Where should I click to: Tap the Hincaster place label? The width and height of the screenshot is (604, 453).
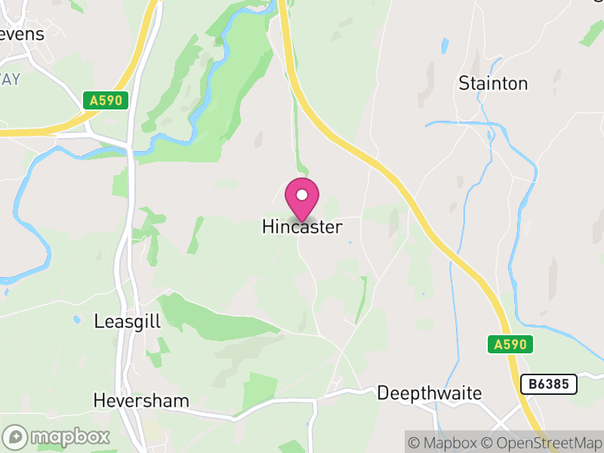point(302,226)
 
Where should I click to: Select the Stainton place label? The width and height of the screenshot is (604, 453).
point(493,83)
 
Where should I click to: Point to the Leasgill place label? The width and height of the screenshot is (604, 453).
point(128,322)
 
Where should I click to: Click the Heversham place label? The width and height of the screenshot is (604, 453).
point(141,400)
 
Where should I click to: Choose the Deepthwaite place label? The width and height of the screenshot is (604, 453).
point(429,393)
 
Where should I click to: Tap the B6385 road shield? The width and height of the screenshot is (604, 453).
point(549,384)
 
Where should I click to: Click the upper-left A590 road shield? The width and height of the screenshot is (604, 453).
point(106,100)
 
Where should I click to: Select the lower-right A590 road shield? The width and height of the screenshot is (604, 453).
point(510,345)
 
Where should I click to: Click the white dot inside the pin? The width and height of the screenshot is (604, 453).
point(302,195)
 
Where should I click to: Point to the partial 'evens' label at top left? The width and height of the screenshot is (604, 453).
point(23,34)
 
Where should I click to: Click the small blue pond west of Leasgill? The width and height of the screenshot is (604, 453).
point(77,319)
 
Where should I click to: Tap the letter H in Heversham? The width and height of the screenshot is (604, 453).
point(99,400)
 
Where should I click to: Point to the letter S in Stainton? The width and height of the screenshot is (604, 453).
point(464,83)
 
